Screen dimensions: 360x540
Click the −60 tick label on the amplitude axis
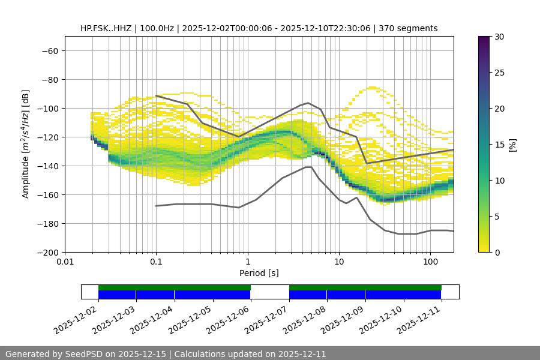[49, 50]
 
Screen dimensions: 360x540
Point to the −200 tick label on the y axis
[47, 252]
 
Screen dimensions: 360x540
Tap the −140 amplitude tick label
[47, 166]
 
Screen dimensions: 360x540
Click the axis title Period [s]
[259, 273]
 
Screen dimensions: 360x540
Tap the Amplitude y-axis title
[25, 144]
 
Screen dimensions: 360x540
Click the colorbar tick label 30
[499, 37]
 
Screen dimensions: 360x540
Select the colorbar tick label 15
[499, 145]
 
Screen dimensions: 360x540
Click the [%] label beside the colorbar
[512, 145]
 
